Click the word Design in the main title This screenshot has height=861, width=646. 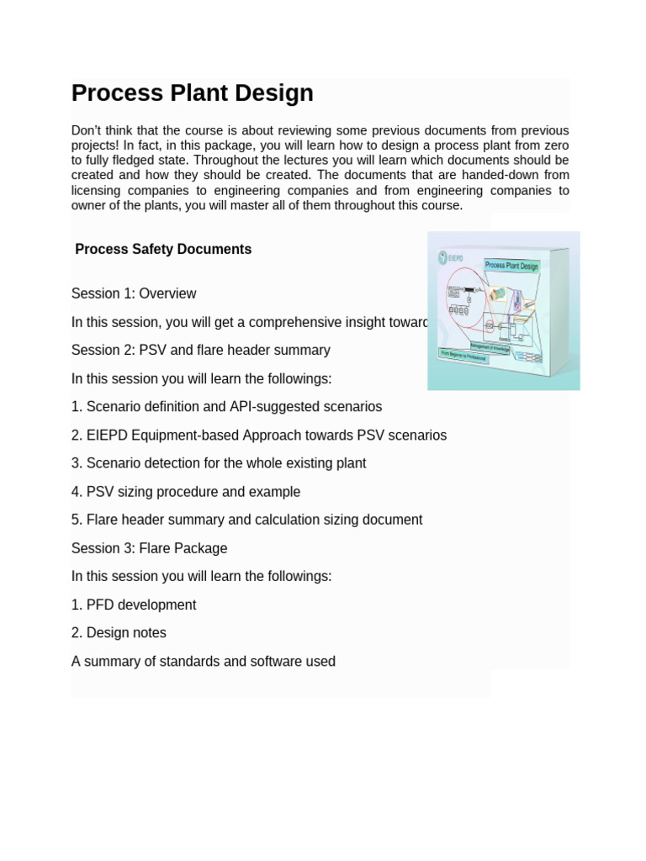[274, 93]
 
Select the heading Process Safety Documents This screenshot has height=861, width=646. [163, 250]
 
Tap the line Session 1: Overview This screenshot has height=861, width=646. [134, 293]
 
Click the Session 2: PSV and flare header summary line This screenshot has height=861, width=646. [200, 350]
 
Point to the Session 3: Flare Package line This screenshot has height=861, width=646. [149, 548]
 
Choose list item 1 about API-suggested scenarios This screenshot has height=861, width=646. [226, 407]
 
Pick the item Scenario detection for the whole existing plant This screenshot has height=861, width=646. [219, 463]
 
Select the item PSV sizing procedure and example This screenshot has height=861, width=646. [186, 492]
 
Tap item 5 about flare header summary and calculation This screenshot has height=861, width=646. [246, 520]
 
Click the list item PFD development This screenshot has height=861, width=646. [134, 605]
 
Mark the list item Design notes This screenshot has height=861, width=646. [119, 633]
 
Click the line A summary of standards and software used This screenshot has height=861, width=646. [204, 662]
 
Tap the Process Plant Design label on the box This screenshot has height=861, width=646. [511, 266]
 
